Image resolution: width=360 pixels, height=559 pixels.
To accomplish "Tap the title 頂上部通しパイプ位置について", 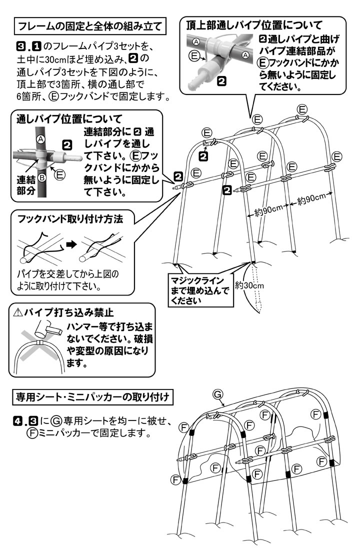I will [253, 24].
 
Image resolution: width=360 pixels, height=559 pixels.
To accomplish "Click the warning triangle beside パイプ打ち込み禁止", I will [18, 313].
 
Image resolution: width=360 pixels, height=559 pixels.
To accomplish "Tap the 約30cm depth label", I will [248, 286].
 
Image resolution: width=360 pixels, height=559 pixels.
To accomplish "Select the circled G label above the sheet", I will [217, 393].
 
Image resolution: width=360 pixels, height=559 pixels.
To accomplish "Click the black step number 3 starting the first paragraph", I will [21, 47].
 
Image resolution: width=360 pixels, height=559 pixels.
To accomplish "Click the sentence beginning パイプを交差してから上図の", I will [70, 275].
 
